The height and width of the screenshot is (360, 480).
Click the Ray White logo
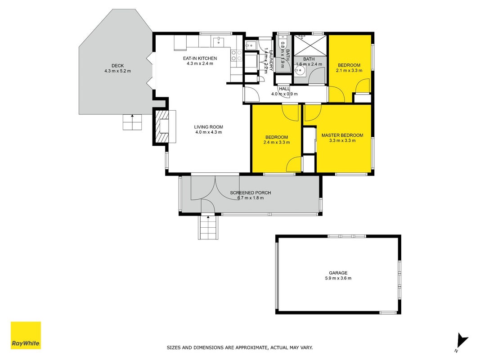pos(26,335)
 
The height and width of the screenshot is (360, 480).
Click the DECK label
pos(117,66)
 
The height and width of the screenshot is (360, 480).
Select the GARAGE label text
pos(338,273)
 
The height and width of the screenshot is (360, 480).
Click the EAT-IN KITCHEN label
pos(200,58)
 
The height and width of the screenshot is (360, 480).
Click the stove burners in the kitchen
pos(236,55)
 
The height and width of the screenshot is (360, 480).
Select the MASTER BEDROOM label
pos(342,135)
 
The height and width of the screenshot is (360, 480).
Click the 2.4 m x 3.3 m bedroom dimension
pos(277,142)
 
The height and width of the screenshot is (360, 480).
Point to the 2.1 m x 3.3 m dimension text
pos(349,70)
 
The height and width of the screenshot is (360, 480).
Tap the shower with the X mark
pos(310,45)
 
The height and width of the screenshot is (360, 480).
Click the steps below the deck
pos(133,122)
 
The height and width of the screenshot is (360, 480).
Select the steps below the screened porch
pos(208,227)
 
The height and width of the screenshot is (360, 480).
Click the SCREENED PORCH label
pos(251,193)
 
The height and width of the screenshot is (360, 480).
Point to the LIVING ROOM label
pos(208,127)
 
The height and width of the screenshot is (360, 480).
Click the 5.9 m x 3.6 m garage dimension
pos(338,278)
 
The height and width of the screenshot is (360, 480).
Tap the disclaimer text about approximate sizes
pos(240,348)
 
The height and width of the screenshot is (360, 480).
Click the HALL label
pos(284,89)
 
